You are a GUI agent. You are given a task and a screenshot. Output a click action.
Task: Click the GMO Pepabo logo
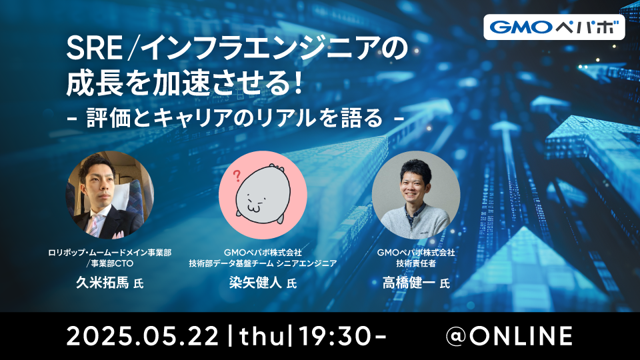pyautogui.click(x=554, y=27)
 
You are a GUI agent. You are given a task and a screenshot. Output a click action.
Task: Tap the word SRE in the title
pyautogui.click(x=94, y=49)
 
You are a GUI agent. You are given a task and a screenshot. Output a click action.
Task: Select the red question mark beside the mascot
pyautogui.click(x=236, y=176)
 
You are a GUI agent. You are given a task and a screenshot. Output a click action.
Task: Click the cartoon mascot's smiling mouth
pyautogui.click(x=253, y=208)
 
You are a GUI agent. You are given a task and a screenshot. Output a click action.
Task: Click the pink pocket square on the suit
pyautogui.click(x=119, y=235)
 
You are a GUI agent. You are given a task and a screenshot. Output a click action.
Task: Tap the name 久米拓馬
pyautogui.click(x=102, y=283)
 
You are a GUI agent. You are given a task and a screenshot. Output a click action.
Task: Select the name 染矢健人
pyautogui.click(x=255, y=283)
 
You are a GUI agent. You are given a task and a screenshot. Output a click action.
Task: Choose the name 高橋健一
pyautogui.click(x=409, y=283)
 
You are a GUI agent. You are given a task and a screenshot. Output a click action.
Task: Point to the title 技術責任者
pyautogui.click(x=416, y=264)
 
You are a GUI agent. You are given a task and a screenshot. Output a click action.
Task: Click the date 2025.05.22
pyautogui.click(x=143, y=337)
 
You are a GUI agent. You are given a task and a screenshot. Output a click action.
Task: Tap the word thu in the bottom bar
pyautogui.click(x=262, y=337)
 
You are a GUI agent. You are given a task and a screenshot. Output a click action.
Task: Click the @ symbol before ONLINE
pyautogui.click(x=457, y=336)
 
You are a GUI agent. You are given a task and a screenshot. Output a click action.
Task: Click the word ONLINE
pyautogui.click(x=521, y=337)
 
